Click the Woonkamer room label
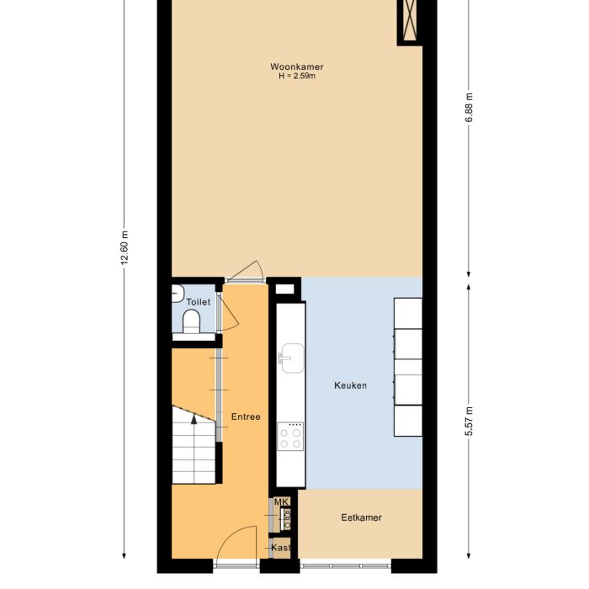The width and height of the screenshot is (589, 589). coord(297,66)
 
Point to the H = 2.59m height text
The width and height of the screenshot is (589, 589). coord(297,76)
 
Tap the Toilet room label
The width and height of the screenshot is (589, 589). coord(198,301)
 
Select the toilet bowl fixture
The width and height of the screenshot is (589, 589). coord(192,321)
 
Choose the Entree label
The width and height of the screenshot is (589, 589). coord(246,417)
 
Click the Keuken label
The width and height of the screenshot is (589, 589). coord(350,386)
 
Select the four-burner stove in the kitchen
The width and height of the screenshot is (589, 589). coord(291,436)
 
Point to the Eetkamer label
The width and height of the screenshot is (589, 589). coord(360,517)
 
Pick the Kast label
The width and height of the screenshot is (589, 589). coord(281,548)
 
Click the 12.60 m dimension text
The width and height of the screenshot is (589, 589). coord(125,248)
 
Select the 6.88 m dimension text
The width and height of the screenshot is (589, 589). coord(470,109)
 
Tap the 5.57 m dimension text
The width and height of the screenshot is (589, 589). coord(470,421)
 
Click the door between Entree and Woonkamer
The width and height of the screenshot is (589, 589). coord(246,271)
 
